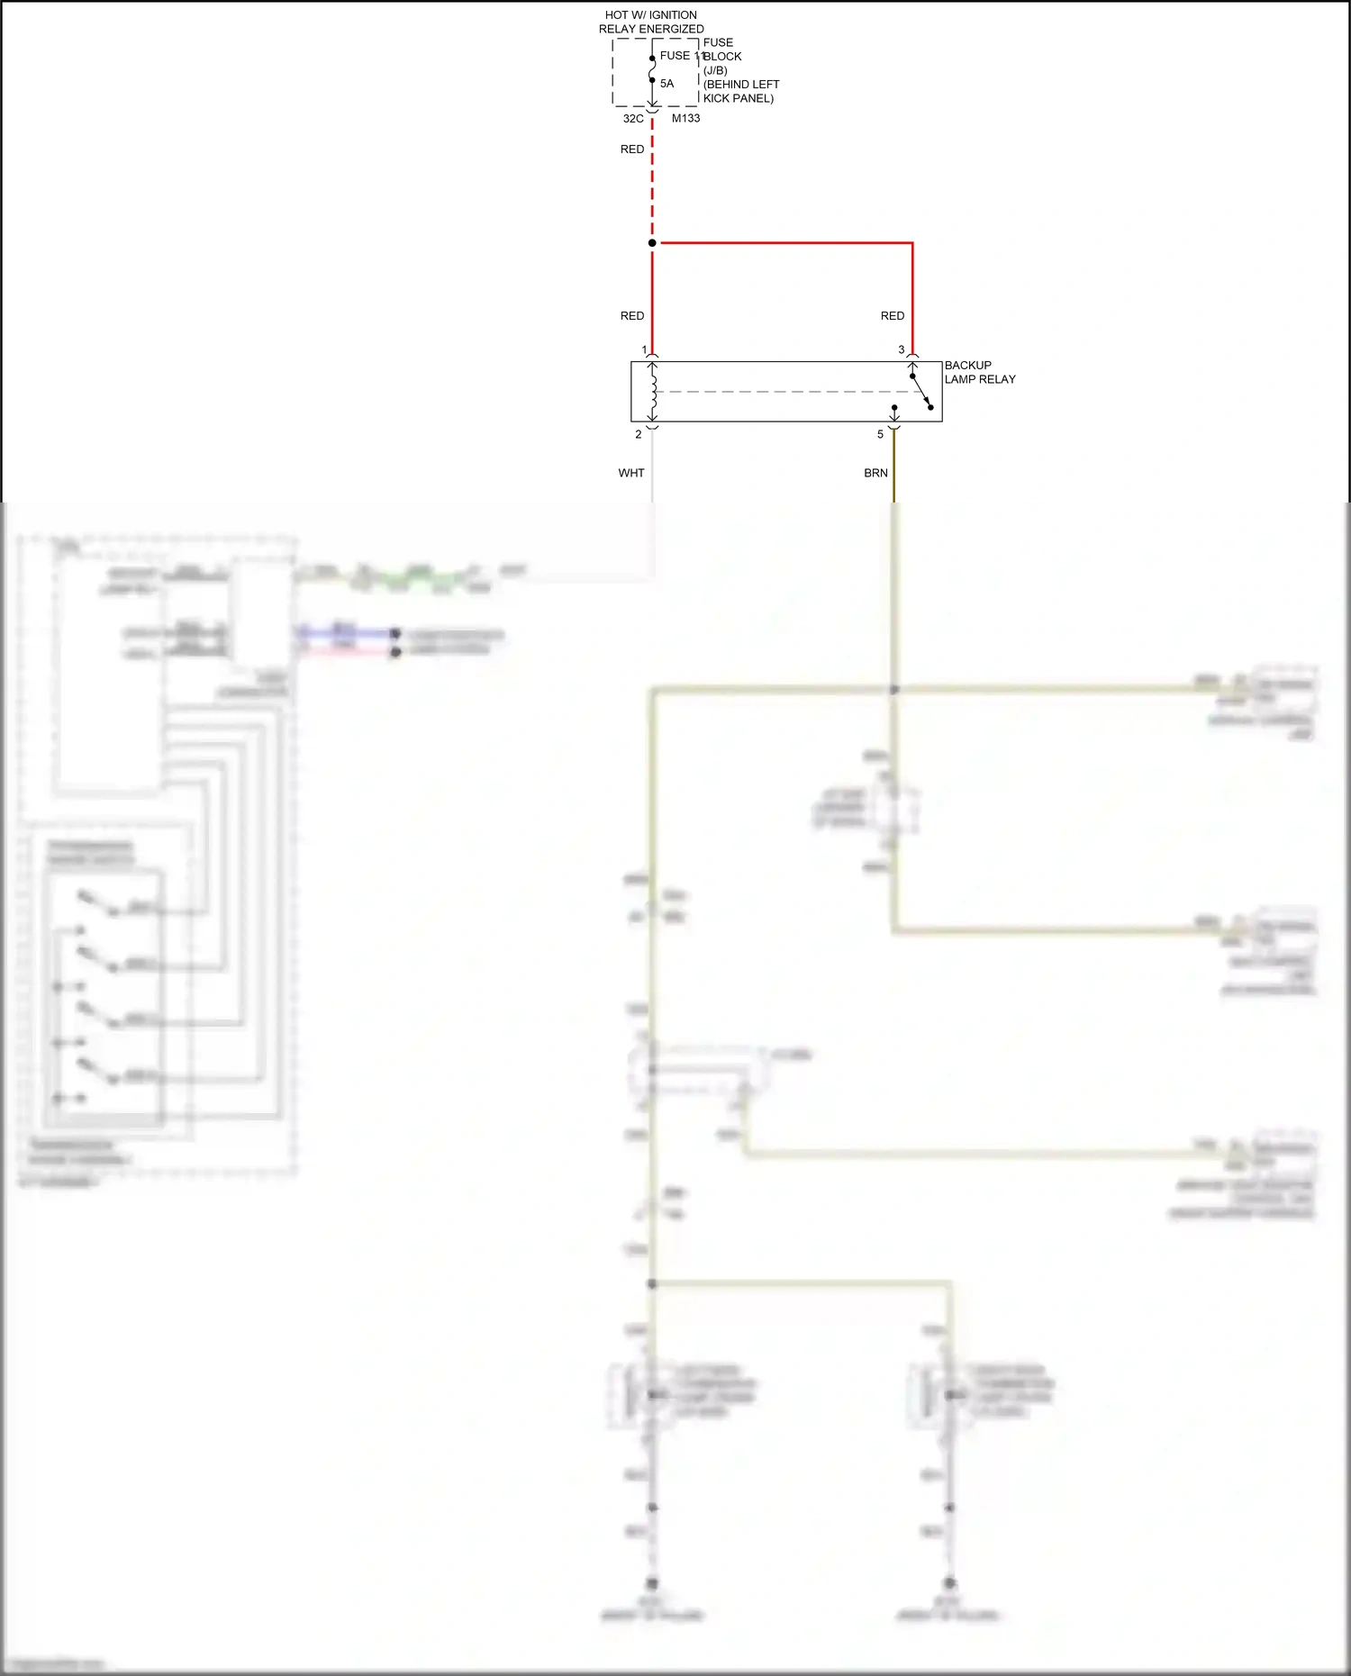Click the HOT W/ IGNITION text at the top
coord(650,15)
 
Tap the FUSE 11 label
coord(680,56)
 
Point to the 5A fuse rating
coord(666,84)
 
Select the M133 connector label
coord(685,118)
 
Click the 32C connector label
coord(633,119)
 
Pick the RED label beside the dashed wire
coord(632,149)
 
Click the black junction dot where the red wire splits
coord(652,243)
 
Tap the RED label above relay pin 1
coord(632,316)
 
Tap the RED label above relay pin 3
coord(893,316)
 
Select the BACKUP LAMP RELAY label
coord(979,372)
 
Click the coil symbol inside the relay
coord(653,392)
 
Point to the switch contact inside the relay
coord(921,391)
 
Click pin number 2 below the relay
coord(639,434)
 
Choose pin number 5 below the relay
coord(881,434)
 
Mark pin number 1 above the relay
coord(644,349)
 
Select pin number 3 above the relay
coord(901,349)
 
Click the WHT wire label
coord(631,473)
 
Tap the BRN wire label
coord(875,473)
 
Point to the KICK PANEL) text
coord(739,98)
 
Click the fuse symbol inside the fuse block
coord(652,69)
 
